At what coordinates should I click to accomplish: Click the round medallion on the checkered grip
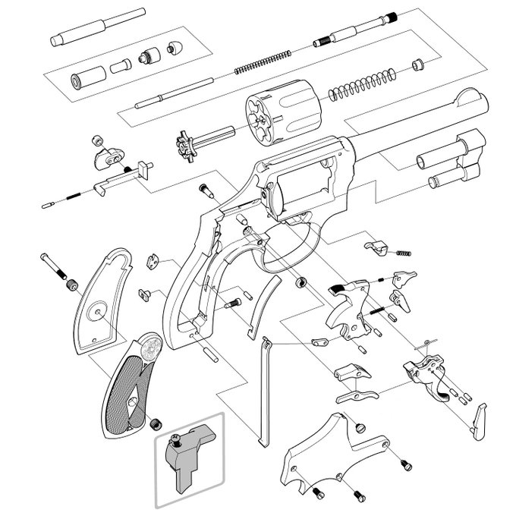(149, 351)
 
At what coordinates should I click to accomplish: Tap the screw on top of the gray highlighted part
(175, 438)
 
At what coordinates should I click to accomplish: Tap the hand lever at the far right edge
(480, 421)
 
